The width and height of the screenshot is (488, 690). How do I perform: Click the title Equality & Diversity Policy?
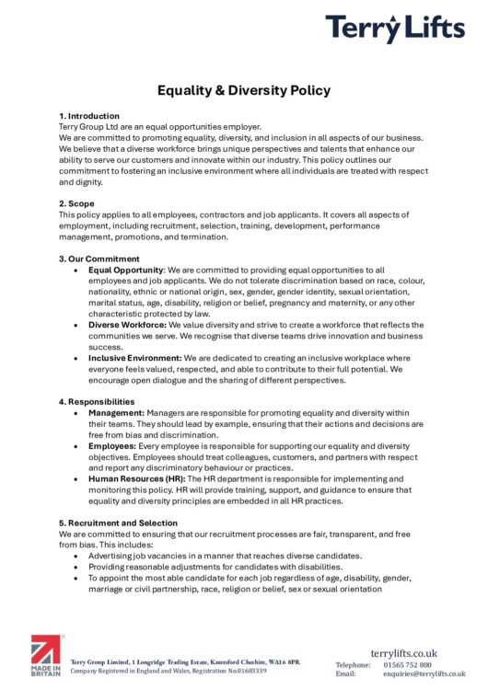coord(244,90)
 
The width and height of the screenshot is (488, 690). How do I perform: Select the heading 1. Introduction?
coord(88,116)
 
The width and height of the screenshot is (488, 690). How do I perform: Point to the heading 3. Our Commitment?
coord(99,259)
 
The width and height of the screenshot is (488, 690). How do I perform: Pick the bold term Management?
coord(116,413)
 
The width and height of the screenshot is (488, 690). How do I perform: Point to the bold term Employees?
coord(112,446)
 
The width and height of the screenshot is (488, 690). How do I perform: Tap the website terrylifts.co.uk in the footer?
coord(405,652)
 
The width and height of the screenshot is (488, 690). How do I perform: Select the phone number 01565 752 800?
coord(405,663)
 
